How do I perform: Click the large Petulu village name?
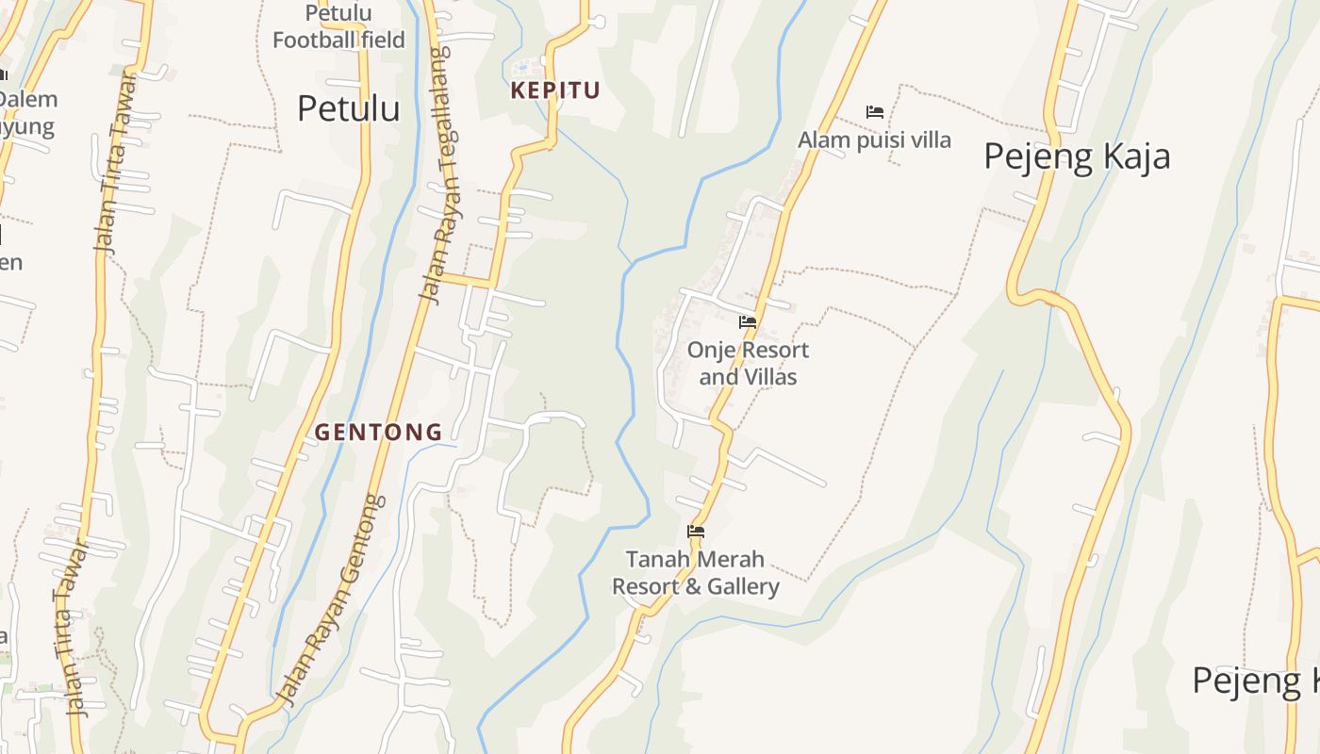[348, 108]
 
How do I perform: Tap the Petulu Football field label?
[338, 26]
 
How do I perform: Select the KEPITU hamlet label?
[555, 90]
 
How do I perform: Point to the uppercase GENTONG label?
[378, 433]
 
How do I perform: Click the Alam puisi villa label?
[874, 140]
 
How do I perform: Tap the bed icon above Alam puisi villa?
[874, 112]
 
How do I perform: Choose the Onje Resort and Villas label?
[748, 363]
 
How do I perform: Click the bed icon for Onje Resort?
[748, 322]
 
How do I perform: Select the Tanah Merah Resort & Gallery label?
[696, 573]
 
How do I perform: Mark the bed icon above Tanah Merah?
[696, 532]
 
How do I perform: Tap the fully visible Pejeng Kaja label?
[1077, 156]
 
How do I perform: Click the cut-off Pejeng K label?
[1255, 680]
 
